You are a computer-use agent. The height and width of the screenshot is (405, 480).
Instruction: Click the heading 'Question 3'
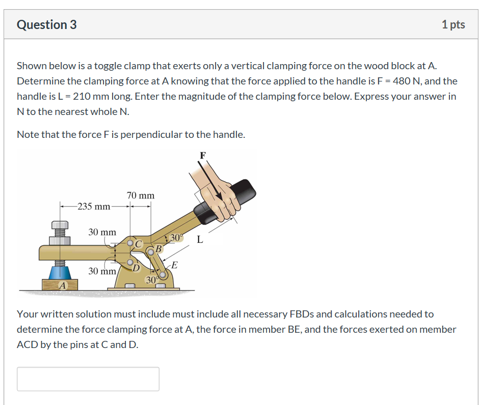click(x=47, y=24)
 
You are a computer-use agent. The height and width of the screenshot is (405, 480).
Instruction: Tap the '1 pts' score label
click(x=453, y=24)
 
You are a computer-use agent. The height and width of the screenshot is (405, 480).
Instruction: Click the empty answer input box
click(x=88, y=379)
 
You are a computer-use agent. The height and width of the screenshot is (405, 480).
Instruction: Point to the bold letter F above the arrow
click(x=203, y=156)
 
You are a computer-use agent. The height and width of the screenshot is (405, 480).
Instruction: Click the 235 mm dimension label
click(x=94, y=206)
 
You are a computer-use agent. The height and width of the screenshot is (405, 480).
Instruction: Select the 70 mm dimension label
click(x=140, y=195)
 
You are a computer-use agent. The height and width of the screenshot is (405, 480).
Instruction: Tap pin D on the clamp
click(x=130, y=263)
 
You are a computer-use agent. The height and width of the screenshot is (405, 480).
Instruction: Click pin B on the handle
click(x=151, y=251)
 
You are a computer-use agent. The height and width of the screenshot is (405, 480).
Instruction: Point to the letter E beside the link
click(x=174, y=265)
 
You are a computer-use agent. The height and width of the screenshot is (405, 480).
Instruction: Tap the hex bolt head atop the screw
click(x=60, y=224)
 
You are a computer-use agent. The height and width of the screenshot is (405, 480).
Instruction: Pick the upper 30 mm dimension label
click(x=102, y=232)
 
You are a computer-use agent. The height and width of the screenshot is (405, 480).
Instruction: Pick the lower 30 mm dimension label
click(x=102, y=271)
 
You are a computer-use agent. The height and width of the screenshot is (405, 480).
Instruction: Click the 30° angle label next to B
click(x=175, y=238)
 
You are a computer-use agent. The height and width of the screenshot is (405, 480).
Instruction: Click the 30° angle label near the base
click(x=152, y=280)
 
